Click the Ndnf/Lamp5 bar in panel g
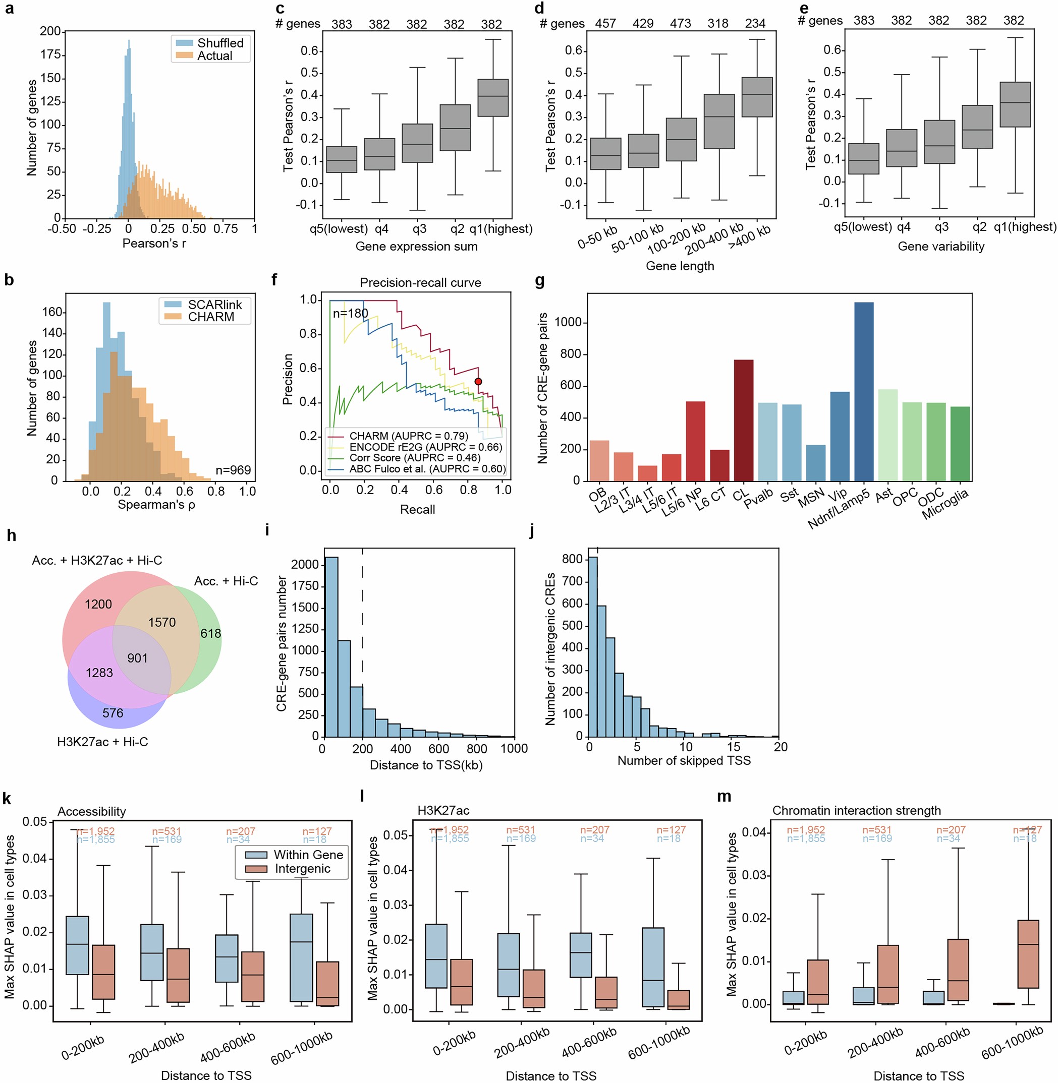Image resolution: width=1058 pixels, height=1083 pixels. (864, 392)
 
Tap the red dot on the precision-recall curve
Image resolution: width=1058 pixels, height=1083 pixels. (478, 382)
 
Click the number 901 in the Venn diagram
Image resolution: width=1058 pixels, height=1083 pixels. (137, 658)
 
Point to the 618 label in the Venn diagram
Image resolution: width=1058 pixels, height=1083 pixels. (210, 633)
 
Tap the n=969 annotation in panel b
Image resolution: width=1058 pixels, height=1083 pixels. (233, 470)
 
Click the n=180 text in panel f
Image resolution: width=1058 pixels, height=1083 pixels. (350, 314)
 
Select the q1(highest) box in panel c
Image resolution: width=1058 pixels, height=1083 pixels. (493, 98)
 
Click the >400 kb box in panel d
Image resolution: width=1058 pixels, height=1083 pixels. (757, 97)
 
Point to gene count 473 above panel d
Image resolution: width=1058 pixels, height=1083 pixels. (680, 23)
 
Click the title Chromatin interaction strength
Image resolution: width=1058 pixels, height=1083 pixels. (856, 810)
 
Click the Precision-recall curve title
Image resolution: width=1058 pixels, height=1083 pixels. (420, 283)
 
